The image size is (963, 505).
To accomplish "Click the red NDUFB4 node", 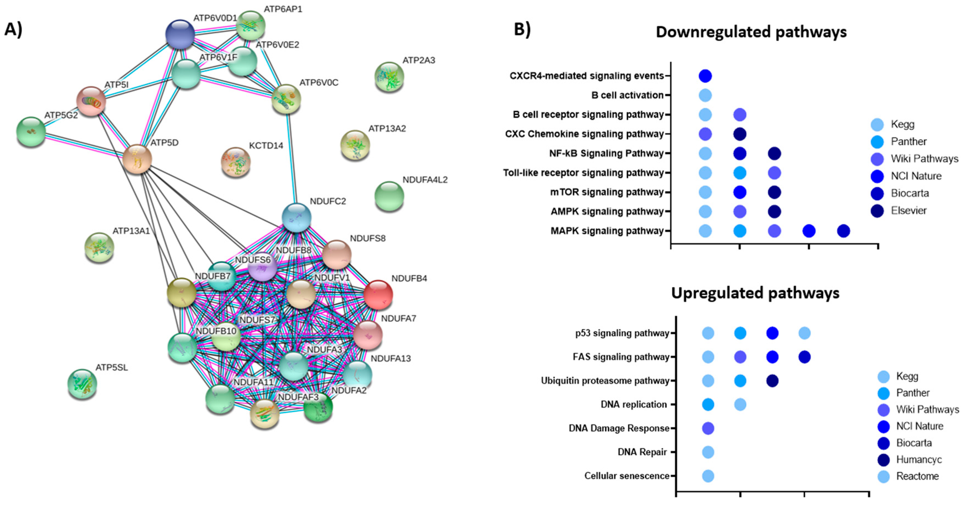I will point(378,295).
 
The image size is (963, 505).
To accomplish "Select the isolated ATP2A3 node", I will point(389,77).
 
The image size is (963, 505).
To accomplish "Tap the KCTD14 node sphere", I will point(236,162).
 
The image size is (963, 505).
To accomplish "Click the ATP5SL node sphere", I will point(82,384).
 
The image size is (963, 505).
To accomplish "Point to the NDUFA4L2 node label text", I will point(425,180).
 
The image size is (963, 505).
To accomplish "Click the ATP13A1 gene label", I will point(131,231).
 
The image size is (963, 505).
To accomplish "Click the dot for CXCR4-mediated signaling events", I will point(705,76).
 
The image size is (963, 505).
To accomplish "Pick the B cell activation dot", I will point(705,95).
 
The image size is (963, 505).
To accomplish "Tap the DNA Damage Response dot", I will point(708,428).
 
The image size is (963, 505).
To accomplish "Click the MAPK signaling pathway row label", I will point(607,231).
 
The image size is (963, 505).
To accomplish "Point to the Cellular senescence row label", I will point(627,476).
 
